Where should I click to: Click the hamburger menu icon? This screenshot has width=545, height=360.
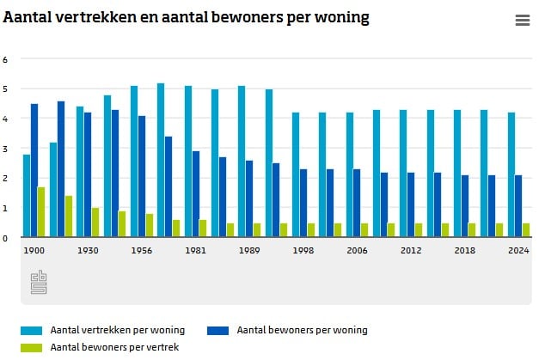pyautogui.click(x=522, y=21)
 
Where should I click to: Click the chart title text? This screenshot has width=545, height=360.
pyautogui.click(x=187, y=18)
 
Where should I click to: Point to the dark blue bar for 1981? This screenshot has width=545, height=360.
pyautogui.click(x=196, y=194)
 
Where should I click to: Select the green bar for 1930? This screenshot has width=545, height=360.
pyautogui.click(x=95, y=223)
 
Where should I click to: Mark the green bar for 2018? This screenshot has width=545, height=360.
pyautogui.click(x=472, y=230)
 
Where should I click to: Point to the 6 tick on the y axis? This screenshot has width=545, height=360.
pyautogui.click(x=5, y=59)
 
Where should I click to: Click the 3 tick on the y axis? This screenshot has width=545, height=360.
pyautogui.click(x=5, y=149)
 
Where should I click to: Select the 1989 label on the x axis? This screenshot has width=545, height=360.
pyautogui.click(x=249, y=250)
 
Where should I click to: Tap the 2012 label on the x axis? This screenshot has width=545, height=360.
pyautogui.click(x=411, y=250)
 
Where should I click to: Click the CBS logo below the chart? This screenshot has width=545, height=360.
pyautogui.click(x=38, y=283)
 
